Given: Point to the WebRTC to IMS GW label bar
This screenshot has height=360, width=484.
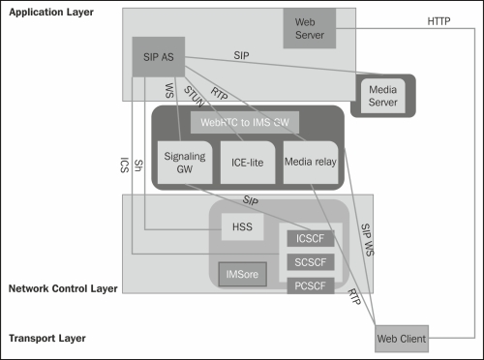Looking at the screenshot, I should coord(244,123).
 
